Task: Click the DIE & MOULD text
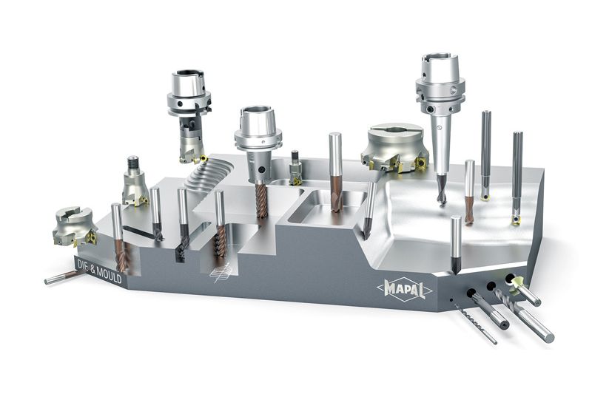(x=99, y=271)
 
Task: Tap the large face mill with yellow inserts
(x=395, y=148)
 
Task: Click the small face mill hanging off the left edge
(x=74, y=226)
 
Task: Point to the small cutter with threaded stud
(x=135, y=182)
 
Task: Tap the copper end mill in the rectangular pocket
(x=336, y=171)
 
